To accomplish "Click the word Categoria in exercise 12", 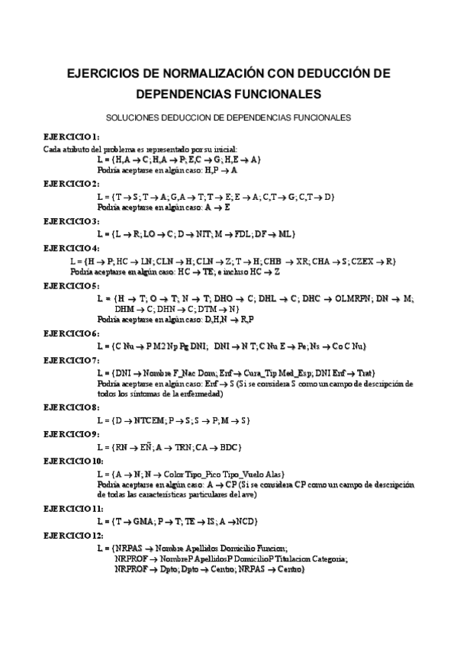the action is pos(325,559).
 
